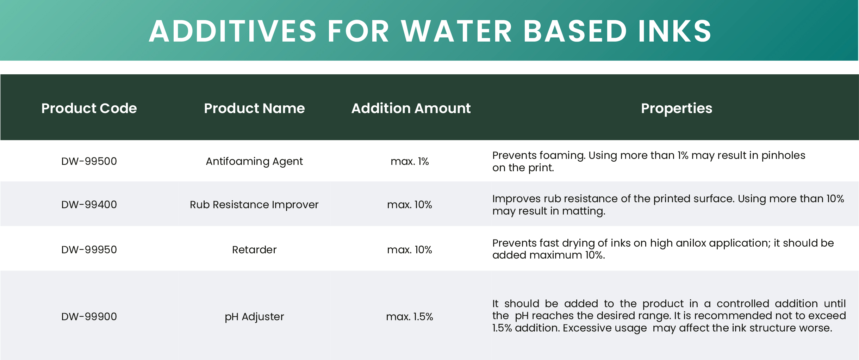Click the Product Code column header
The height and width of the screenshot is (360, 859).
click(89, 108)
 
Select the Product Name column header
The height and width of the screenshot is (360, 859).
click(254, 108)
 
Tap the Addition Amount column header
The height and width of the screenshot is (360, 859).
click(411, 108)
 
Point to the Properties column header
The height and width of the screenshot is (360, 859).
click(677, 108)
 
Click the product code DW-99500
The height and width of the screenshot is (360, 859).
click(89, 161)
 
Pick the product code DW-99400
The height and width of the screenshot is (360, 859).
click(89, 205)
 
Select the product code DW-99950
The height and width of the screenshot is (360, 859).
click(89, 250)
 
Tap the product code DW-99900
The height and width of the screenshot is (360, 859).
click(89, 317)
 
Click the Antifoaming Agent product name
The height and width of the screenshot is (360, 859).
click(254, 162)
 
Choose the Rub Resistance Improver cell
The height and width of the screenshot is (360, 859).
click(254, 205)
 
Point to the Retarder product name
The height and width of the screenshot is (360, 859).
click(254, 250)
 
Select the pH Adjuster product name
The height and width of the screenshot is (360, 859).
click(254, 317)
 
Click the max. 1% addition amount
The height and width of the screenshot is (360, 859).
click(410, 161)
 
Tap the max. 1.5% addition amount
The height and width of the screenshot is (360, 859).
click(410, 317)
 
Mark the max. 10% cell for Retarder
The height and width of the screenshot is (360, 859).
click(410, 250)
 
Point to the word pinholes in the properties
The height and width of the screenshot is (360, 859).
click(783, 156)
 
